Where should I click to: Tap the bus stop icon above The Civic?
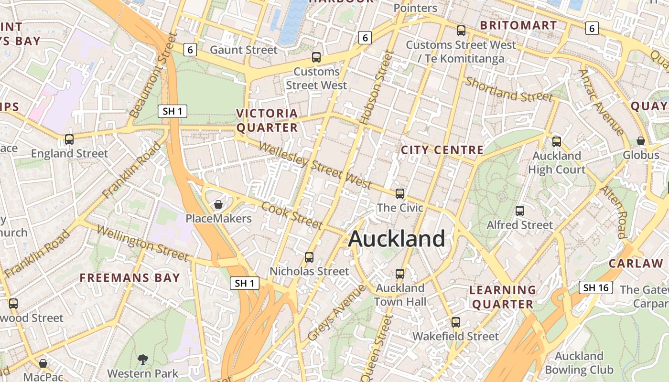400,194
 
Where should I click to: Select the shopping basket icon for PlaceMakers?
218,205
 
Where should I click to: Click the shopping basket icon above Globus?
641,141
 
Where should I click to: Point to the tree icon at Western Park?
142,359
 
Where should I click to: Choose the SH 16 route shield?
596,287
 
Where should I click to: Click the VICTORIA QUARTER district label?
267,120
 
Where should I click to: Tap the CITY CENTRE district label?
442,150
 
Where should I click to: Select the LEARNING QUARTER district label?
502,297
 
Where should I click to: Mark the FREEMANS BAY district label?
129,278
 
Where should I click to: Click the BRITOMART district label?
518,25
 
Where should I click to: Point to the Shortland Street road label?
509,90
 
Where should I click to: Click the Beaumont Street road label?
150,75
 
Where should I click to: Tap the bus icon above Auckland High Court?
556,142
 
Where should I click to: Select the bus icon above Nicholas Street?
309,257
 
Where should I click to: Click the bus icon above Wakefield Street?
456,322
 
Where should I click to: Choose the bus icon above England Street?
69,139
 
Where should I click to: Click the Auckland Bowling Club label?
579,363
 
